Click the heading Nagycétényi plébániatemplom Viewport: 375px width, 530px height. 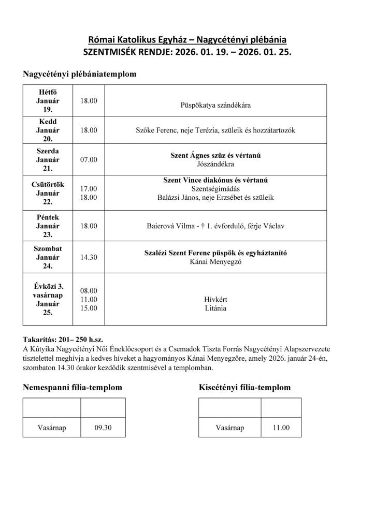tap(79, 74)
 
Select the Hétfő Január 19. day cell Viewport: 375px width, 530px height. tap(48, 100)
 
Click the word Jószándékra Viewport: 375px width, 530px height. tap(216, 164)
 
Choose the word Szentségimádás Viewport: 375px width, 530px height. tap(215, 188)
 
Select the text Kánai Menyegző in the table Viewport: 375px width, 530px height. tap(216, 262)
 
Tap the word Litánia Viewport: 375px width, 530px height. tap(216, 308)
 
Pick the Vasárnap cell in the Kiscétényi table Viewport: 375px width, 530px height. tap(229, 428)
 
